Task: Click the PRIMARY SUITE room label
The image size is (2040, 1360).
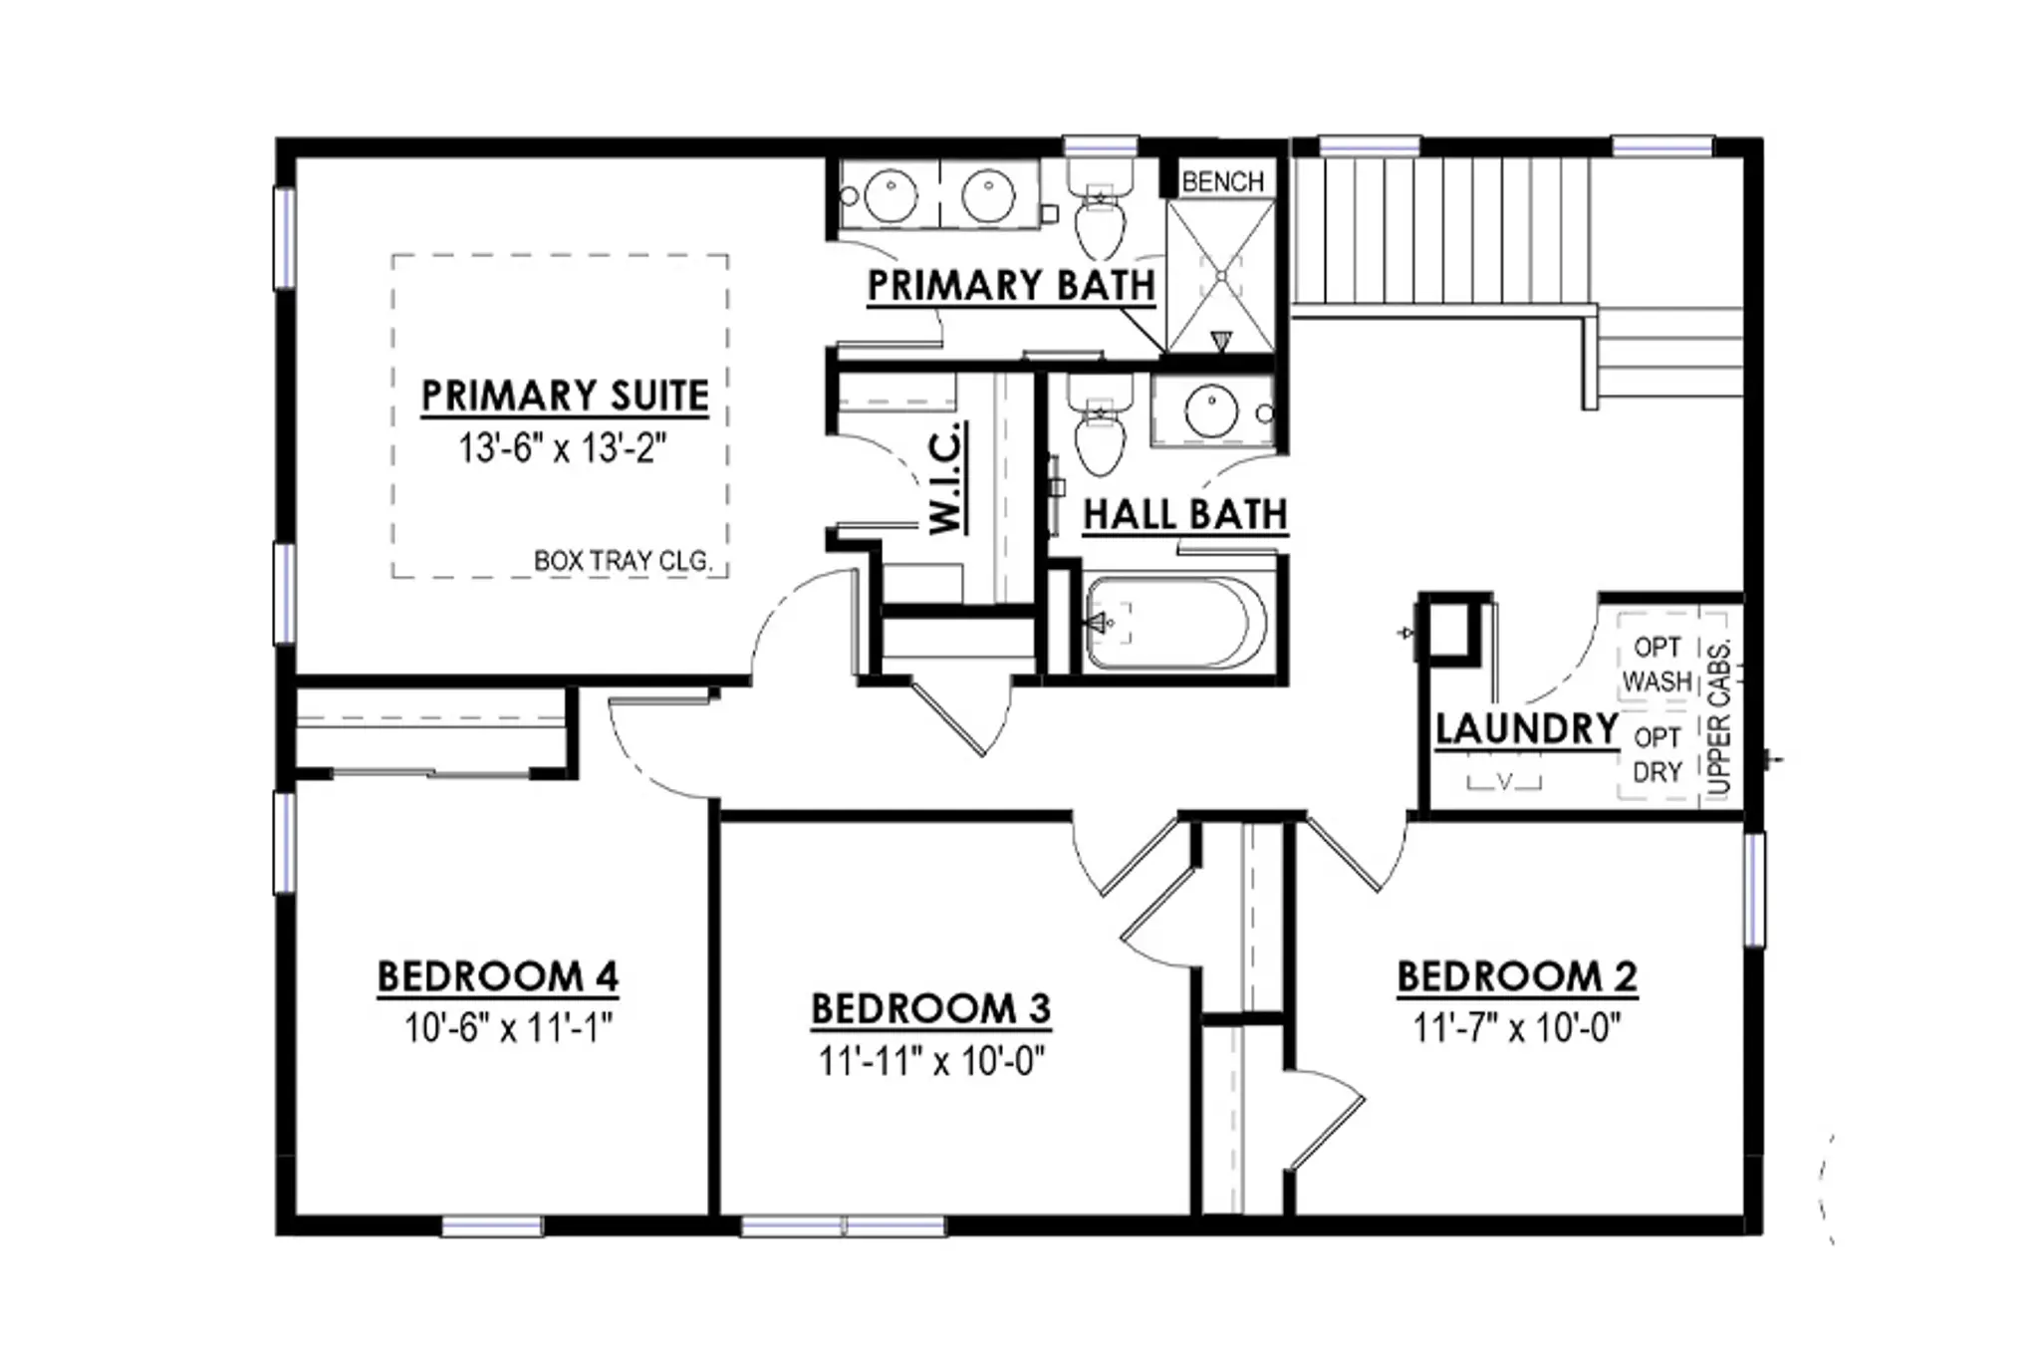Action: pyautogui.click(x=565, y=396)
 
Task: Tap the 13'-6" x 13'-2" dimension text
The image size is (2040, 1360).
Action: pyautogui.click(x=562, y=448)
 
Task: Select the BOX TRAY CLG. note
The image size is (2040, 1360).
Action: pyautogui.click(x=624, y=561)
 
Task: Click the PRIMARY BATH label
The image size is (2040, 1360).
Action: pyautogui.click(x=1011, y=286)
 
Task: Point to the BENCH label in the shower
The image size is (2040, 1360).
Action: pyautogui.click(x=1222, y=181)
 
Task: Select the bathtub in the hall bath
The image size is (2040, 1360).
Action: pyautogui.click(x=1175, y=623)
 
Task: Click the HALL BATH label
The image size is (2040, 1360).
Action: pyautogui.click(x=1185, y=515)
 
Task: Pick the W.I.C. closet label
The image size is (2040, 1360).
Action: pyautogui.click(x=945, y=477)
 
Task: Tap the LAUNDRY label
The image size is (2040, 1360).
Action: pyautogui.click(x=1526, y=728)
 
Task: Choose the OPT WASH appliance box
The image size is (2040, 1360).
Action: pyautogui.click(x=1657, y=665)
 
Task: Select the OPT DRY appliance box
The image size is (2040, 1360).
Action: pyautogui.click(x=1657, y=754)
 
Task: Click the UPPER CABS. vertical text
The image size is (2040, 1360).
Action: pyautogui.click(x=1719, y=716)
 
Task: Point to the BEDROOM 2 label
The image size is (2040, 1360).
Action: pyautogui.click(x=1517, y=976)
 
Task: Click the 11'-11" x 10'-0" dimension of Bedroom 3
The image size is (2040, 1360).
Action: pyautogui.click(x=932, y=1061)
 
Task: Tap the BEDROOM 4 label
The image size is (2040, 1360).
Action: pyautogui.click(x=498, y=976)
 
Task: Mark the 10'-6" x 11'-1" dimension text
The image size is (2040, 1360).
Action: pyautogui.click(x=508, y=1027)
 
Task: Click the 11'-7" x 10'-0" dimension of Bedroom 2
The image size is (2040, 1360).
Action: pyautogui.click(x=1517, y=1027)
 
